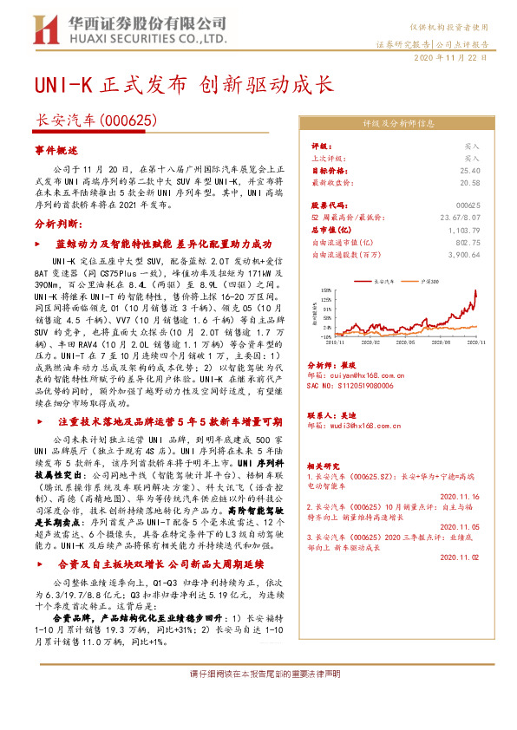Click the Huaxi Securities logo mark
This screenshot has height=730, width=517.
click(x=42, y=30)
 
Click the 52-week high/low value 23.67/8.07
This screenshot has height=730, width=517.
click(x=460, y=218)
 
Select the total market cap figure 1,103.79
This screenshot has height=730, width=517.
click(x=464, y=230)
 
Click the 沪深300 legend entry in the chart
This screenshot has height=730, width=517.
click(x=430, y=282)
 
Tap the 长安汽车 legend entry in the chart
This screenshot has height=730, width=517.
click(x=383, y=282)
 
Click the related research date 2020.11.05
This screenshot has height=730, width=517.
click(x=461, y=526)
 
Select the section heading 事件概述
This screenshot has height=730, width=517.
click(x=56, y=151)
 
